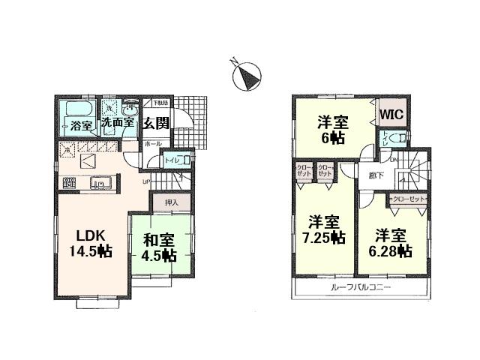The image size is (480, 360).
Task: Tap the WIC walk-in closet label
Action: pos(392,115)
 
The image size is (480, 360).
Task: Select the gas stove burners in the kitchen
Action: pos(70,181)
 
